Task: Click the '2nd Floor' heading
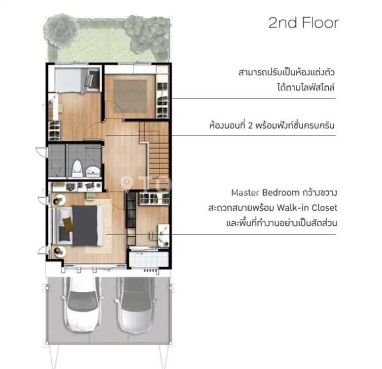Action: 304,23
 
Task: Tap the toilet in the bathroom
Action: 77,168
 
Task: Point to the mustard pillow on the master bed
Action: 68,224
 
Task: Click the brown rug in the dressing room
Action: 130,96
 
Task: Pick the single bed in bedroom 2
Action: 77,80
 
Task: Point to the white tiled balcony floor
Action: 148,260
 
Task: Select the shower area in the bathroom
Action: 57,160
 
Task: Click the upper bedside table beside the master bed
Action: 59,200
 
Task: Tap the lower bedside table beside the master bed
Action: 59,252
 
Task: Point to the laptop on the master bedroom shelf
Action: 89,186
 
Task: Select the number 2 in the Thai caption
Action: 250,125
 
